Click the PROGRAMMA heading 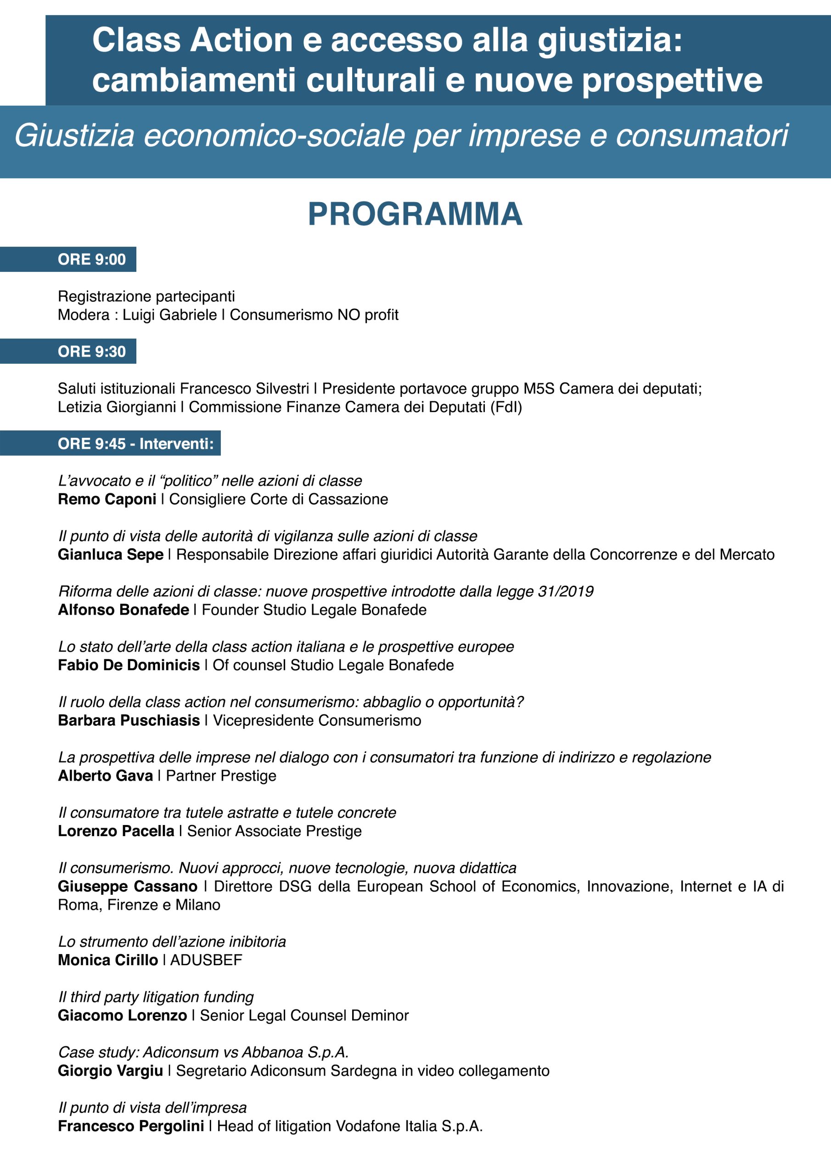pyautogui.click(x=415, y=214)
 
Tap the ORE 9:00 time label pyautogui.click(x=92, y=259)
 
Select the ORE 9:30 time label pyautogui.click(x=92, y=351)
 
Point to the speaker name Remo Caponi pyautogui.click(x=107, y=499)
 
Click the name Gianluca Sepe pyautogui.click(x=110, y=554)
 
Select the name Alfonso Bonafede pyautogui.click(x=123, y=610)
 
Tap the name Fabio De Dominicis pyautogui.click(x=129, y=665)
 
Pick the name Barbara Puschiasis pyautogui.click(x=129, y=720)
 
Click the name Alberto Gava pyautogui.click(x=105, y=775)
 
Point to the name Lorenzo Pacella pyautogui.click(x=116, y=831)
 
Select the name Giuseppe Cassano pyautogui.click(x=127, y=886)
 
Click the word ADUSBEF pyautogui.click(x=206, y=960)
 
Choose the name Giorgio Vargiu pyautogui.click(x=110, y=1070)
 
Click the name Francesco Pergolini pyautogui.click(x=130, y=1126)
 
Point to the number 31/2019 pyautogui.click(x=565, y=591)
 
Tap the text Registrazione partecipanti pyautogui.click(x=146, y=296)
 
